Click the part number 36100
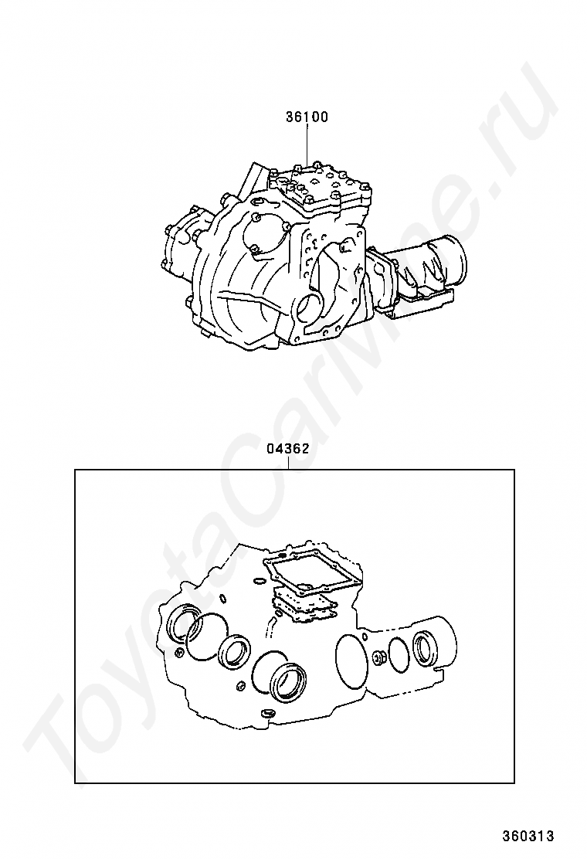pyautogui.click(x=307, y=117)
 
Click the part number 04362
pyautogui.click(x=288, y=449)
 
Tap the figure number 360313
pyautogui.click(x=528, y=836)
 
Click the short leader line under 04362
pyautogui.click(x=288, y=463)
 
